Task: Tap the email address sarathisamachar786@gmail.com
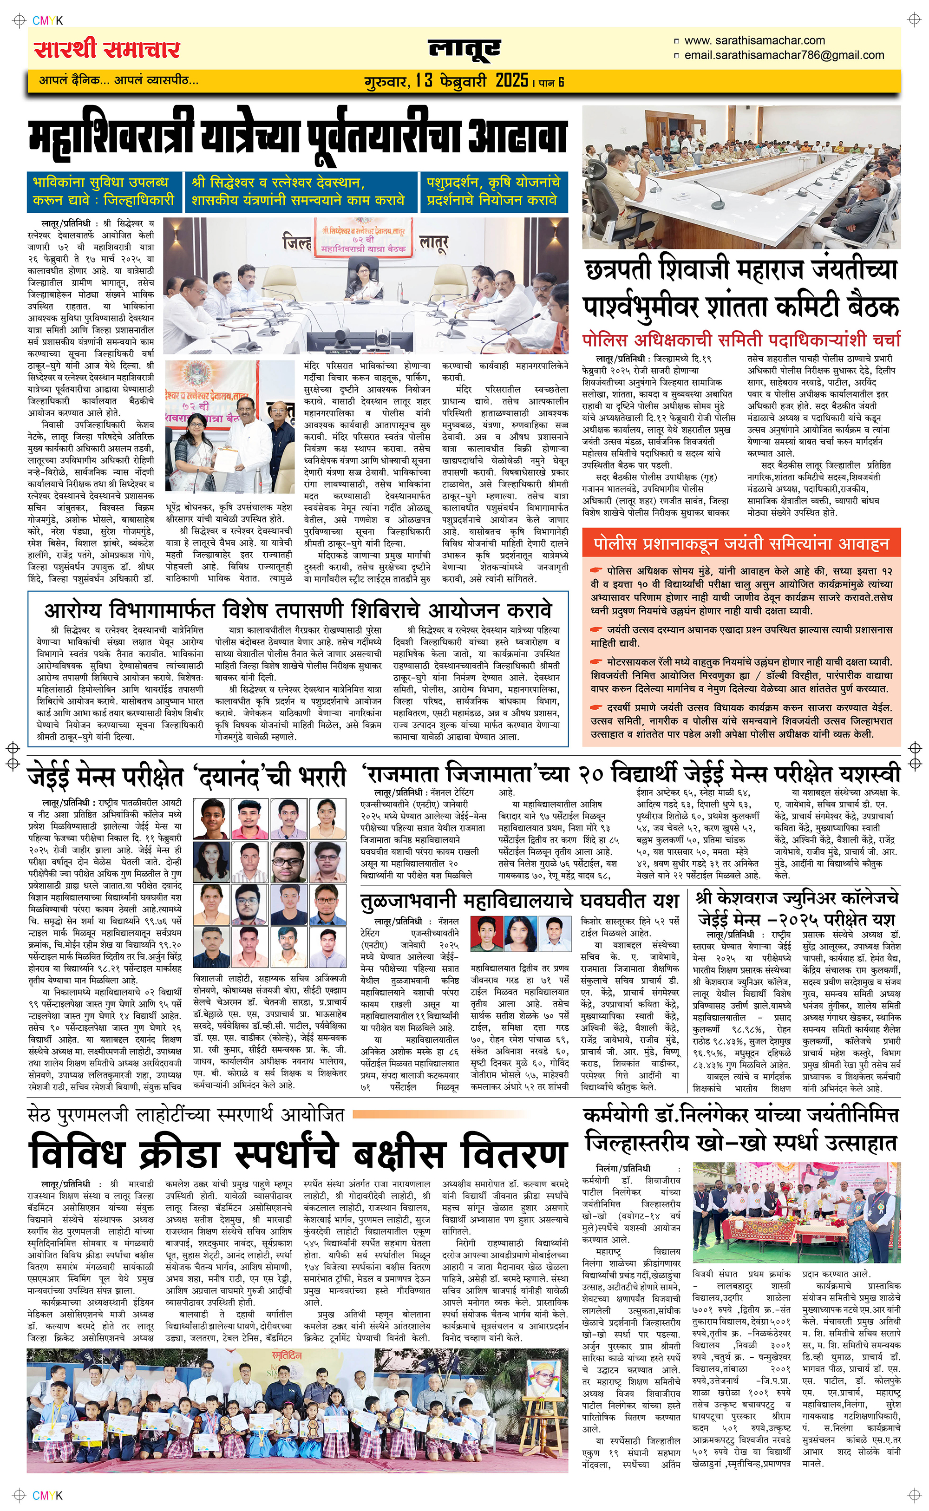784,55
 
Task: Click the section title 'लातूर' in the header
464,50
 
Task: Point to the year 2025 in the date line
512,80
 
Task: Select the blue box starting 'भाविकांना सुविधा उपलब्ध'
103,191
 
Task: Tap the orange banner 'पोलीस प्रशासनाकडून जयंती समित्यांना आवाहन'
741,543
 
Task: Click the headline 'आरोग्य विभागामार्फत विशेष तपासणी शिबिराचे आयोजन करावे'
298,610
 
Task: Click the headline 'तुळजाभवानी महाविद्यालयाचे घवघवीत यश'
519,901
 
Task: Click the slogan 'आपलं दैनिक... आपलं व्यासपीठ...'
118,80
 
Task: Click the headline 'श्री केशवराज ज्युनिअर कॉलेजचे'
797,897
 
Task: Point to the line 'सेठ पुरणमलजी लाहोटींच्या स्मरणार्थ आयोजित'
185,1114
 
